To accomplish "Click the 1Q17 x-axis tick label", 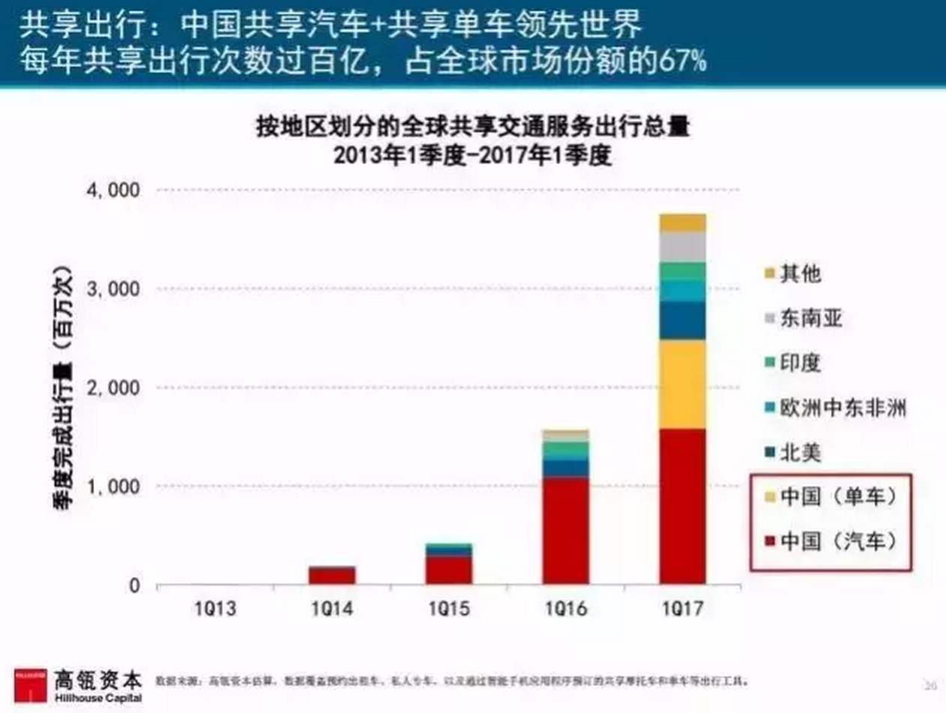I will point(682,608).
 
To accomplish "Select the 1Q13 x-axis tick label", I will point(215,608).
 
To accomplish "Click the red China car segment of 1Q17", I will point(682,507).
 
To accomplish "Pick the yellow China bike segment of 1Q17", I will point(682,384).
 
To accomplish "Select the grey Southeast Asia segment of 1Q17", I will point(682,246).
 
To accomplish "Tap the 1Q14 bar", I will point(332,576).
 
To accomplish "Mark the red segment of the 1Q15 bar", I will point(449,570).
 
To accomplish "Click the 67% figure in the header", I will point(681,61).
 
